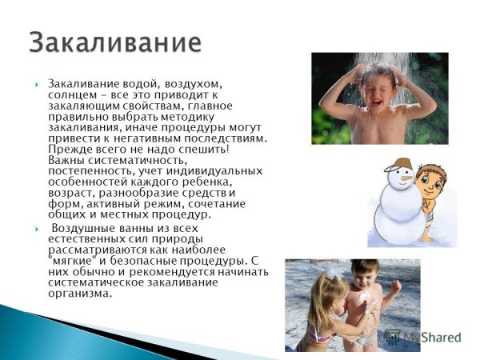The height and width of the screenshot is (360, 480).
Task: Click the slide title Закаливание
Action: [114, 42]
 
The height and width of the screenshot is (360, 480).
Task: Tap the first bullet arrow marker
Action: [37, 84]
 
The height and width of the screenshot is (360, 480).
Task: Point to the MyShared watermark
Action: [428, 337]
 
